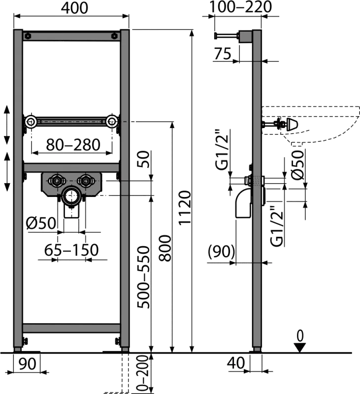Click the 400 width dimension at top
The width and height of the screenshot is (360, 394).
pos(75,8)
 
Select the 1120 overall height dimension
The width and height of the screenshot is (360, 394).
pos(185,207)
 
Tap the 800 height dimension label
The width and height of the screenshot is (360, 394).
pos(165,248)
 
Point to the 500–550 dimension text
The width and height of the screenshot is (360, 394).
pos(143,277)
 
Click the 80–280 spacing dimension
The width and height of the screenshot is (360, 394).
pos(73,145)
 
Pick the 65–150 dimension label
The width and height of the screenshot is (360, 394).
pos(71,250)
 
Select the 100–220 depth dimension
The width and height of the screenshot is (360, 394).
pos(240,7)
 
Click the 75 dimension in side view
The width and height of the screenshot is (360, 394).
pos(223,54)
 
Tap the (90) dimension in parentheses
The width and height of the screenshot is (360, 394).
pos(221,252)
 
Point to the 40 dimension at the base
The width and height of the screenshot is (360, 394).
pos(235,363)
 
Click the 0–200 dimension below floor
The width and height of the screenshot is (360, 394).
pos(143,374)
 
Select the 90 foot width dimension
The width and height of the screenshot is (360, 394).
pos(28,363)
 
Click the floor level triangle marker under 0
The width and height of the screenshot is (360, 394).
pos(300,348)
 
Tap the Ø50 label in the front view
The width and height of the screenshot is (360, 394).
pos(41,223)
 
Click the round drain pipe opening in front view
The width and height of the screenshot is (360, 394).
pos(71,196)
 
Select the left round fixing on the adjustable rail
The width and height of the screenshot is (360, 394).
pos(31,122)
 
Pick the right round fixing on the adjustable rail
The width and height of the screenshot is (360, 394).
pos(112,122)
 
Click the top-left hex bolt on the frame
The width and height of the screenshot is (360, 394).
pos(28,35)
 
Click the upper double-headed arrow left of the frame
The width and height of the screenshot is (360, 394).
pos(7,125)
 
